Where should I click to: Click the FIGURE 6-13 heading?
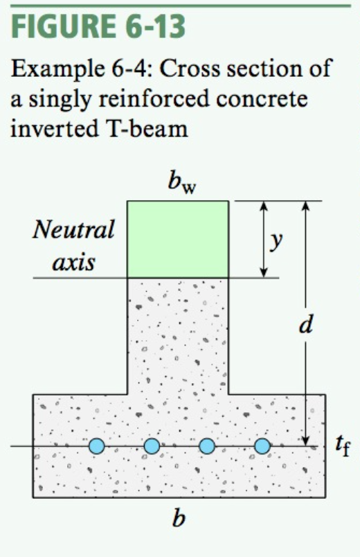pos(98,26)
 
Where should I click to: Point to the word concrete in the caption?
pos(262,99)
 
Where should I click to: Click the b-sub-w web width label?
pos(182,183)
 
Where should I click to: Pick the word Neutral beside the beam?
pos(73,229)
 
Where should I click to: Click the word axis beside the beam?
pos(73,263)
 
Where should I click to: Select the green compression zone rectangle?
pos(178,239)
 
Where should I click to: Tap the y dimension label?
pos(276,242)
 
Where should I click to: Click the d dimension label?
pos(306,324)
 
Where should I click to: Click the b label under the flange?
pos(178,518)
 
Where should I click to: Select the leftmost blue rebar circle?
pos(96,446)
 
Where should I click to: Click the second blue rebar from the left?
pos(152,446)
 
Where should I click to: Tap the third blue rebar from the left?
pos(207,446)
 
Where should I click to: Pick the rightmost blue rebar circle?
pos(262,446)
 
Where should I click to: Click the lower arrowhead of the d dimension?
pos(306,441)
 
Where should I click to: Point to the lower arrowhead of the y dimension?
pos(264,272)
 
